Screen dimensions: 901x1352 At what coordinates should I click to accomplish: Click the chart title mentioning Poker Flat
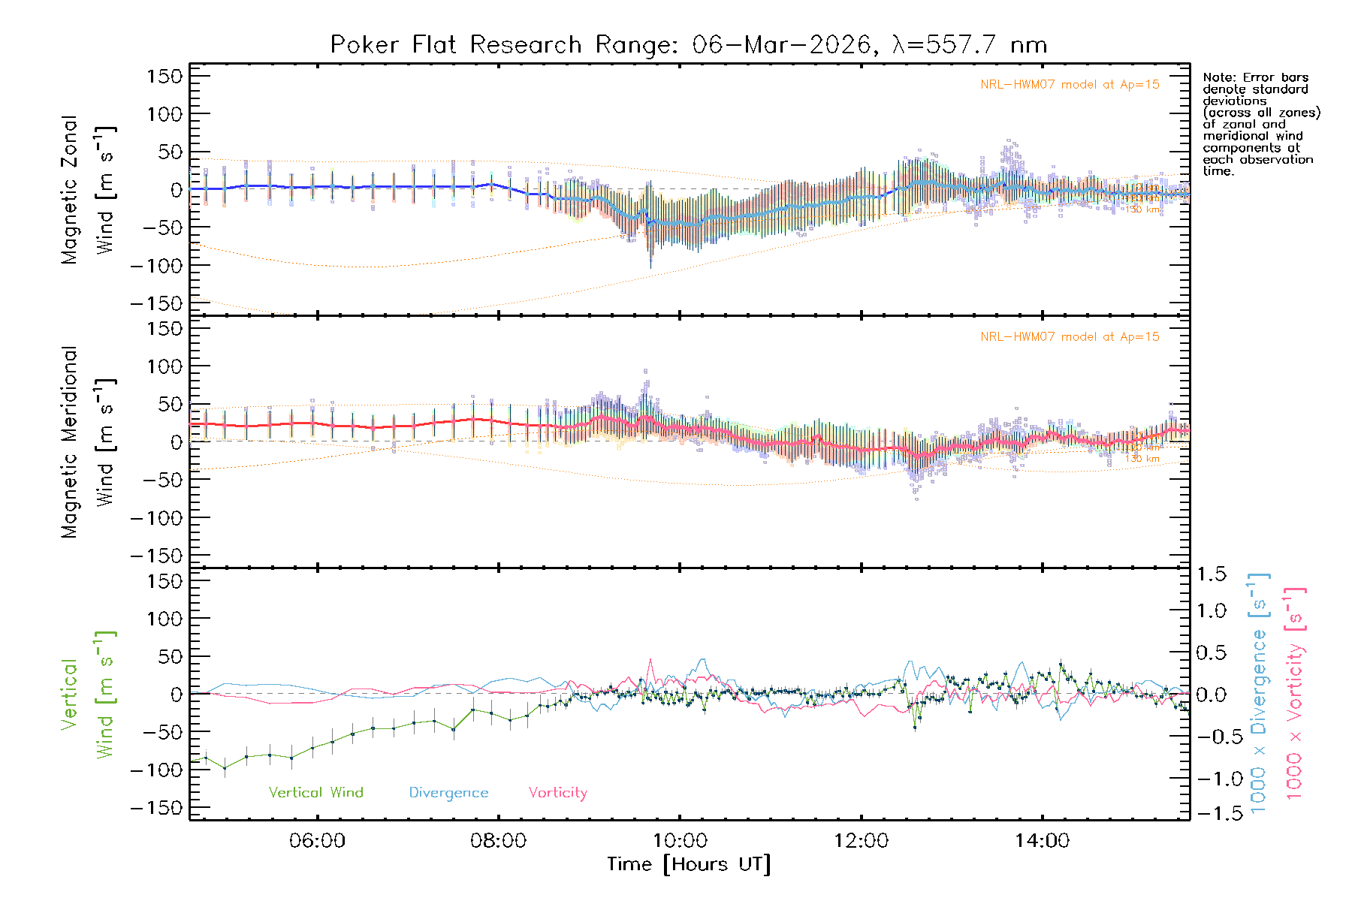(688, 45)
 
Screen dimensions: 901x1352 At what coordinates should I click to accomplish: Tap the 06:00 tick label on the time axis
(317, 841)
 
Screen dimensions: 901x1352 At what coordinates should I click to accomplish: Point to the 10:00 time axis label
(680, 841)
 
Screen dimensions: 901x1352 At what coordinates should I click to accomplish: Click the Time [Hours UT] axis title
(688, 865)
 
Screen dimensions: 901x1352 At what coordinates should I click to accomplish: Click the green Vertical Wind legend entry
(315, 793)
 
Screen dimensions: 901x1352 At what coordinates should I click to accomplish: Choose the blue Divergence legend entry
(448, 793)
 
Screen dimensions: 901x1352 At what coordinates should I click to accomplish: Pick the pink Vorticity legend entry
(557, 793)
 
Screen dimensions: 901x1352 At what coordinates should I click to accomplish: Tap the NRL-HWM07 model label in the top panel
(1070, 85)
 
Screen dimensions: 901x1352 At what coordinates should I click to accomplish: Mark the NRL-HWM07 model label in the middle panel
(1070, 337)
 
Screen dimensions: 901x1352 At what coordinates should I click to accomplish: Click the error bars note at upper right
(1260, 124)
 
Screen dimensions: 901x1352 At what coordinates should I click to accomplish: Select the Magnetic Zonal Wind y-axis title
(88, 190)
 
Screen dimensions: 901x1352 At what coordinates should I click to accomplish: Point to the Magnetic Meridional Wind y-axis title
(88, 442)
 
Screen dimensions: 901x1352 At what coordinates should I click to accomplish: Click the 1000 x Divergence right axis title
(1258, 694)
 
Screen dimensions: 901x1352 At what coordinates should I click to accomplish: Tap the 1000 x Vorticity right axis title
(1294, 694)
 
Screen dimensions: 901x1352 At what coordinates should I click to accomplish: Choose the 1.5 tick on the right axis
(1212, 574)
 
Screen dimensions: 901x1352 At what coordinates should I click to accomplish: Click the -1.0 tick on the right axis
(1212, 779)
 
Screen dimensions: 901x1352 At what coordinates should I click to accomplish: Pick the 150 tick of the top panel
(164, 77)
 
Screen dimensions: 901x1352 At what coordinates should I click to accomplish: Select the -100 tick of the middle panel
(156, 518)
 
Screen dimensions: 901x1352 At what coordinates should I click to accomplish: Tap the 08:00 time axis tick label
(498, 841)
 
